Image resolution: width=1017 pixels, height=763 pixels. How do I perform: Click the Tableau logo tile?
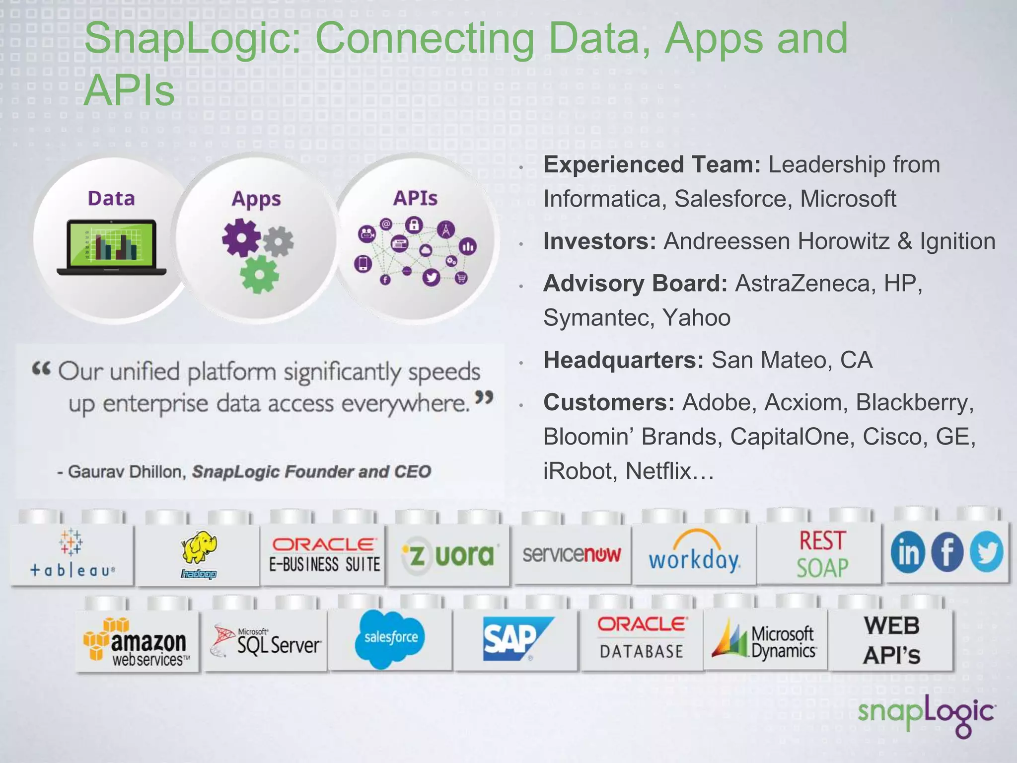pos(73,554)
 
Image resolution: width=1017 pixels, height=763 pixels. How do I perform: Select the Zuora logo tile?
pos(449,555)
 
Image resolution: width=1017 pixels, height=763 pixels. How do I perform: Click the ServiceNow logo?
pos(572,554)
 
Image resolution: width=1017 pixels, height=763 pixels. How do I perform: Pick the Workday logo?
pos(695,554)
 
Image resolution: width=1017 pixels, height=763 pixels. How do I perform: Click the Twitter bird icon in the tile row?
pos(986,552)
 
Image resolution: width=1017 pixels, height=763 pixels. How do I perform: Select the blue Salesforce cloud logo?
pos(391,638)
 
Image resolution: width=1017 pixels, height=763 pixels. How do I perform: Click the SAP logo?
pos(516,638)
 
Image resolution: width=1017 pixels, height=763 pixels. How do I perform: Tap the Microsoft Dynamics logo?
pos(765,642)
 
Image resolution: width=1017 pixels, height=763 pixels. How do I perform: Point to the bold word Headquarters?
pos(623,360)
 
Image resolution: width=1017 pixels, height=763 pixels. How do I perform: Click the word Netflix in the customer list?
pos(658,471)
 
